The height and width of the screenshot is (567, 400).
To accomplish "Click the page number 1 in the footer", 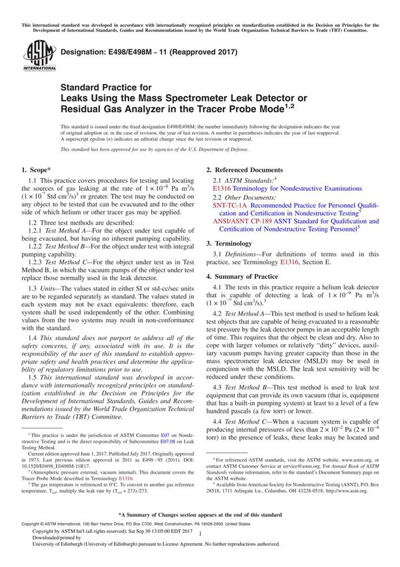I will [x=200, y=544].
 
